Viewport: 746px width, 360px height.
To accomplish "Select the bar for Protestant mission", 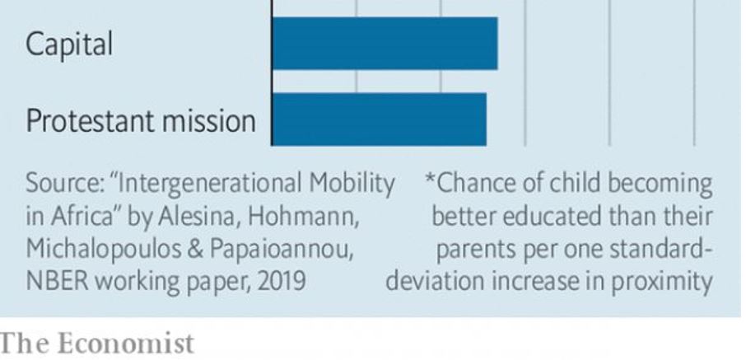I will coord(379,119).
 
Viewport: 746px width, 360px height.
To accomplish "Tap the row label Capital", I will coord(69,44).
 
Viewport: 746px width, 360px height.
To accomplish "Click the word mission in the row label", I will coord(215,121).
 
